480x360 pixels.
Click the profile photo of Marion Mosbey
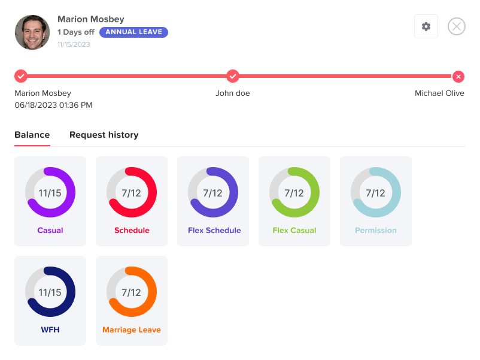[32, 32]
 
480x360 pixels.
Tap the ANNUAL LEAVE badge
[133, 32]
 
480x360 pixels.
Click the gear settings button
[426, 26]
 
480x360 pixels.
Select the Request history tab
[104, 135]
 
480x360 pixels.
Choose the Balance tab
[32, 135]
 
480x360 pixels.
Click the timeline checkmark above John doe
[233, 76]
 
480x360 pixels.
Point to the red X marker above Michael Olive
[458, 76]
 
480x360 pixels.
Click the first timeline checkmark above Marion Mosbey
[21, 76]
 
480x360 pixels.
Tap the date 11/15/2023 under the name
[74, 44]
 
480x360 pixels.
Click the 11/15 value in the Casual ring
[50, 193]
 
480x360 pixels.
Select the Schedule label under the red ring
[132, 231]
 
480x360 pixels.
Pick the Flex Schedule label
[214, 231]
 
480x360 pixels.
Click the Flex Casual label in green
[294, 231]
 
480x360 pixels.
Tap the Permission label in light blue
[376, 231]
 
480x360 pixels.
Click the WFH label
[50, 330]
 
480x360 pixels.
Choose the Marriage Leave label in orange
[132, 330]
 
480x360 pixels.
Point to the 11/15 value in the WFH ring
[50, 292]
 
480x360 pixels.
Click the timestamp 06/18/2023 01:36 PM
[53, 105]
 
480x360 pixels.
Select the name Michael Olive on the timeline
[439, 93]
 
